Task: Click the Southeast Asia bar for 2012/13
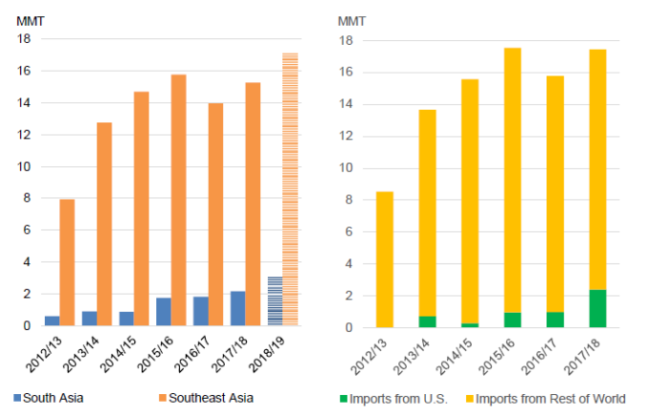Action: tap(67, 262)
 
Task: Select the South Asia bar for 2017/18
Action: tap(238, 308)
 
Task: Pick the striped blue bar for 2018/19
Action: tap(274, 302)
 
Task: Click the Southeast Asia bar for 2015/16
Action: tap(178, 200)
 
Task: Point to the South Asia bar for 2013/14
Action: tap(90, 319)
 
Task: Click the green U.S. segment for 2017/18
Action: tap(597, 308)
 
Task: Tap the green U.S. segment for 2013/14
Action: tap(427, 322)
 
